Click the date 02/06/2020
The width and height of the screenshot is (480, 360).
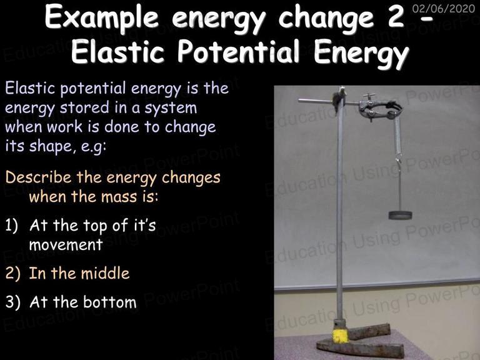(x=444, y=8)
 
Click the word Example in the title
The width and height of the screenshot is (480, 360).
(x=102, y=17)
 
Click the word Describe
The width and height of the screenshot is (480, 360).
(x=38, y=177)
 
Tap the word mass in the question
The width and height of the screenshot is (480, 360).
(x=120, y=197)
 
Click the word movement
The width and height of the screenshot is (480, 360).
(x=66, y=245)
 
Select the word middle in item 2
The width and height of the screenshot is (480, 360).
(x=105, y=273)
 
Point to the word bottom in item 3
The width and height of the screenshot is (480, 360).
(x=110, y=302)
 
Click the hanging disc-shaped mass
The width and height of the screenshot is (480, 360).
(x=400, y=215)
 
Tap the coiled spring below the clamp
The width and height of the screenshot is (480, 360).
(x=397, y=135)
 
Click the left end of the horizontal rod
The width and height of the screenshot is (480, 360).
(x=299, y=100)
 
